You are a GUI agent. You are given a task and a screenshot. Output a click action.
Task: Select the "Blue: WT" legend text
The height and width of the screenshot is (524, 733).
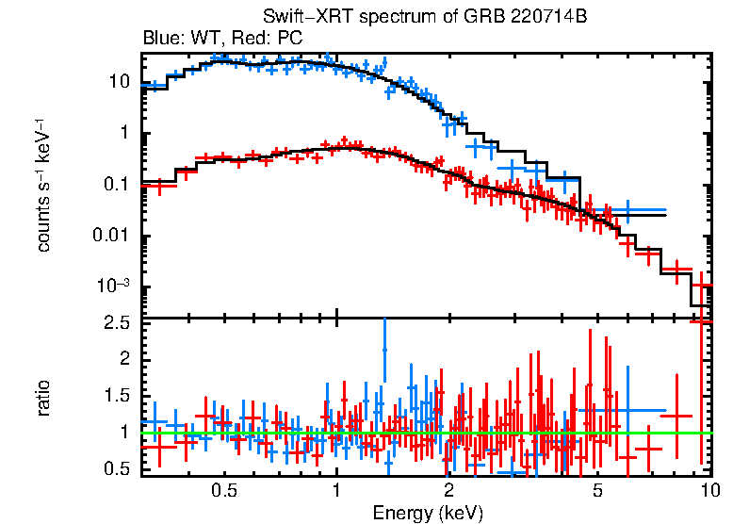pyautogui.click(x=175, y=39)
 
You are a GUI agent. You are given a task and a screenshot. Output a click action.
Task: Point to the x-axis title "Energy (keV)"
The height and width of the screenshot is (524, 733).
pyautogui.click(x=428, y=514)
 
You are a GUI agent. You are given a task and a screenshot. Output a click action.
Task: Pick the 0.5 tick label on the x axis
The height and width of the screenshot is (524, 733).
pyautogui.click(x=224, y=491)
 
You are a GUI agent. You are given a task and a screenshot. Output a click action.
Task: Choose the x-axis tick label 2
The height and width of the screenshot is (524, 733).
pyautogui.click(x=449, y=491)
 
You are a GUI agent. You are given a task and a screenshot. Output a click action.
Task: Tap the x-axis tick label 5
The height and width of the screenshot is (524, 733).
pyautogui.click(x=597, y=491)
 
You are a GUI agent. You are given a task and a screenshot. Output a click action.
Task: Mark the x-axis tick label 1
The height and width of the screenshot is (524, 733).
pyautogui.click(x=336, y=491)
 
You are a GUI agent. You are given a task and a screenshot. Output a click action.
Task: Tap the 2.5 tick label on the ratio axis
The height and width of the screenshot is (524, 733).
pyautogui.click(x=120, y=324)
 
